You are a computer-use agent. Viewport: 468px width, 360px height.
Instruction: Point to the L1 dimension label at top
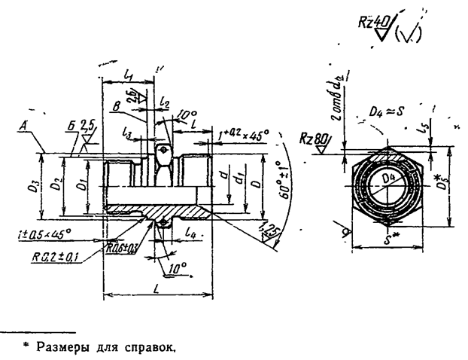[127, 77]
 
